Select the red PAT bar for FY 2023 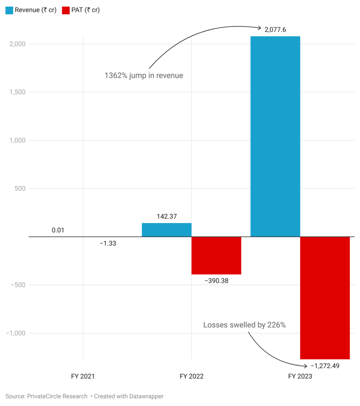325,297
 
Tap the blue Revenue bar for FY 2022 166,230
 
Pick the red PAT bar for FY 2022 216,255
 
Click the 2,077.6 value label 275,29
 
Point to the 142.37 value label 166,216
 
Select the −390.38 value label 216,281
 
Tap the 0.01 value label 58,230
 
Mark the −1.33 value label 108,243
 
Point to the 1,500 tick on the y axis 16,92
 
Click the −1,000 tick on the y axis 15,333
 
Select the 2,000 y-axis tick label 16,44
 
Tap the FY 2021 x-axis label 83,376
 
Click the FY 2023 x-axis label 300,376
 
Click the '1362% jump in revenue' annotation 144,75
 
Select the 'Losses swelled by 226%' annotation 244,325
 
